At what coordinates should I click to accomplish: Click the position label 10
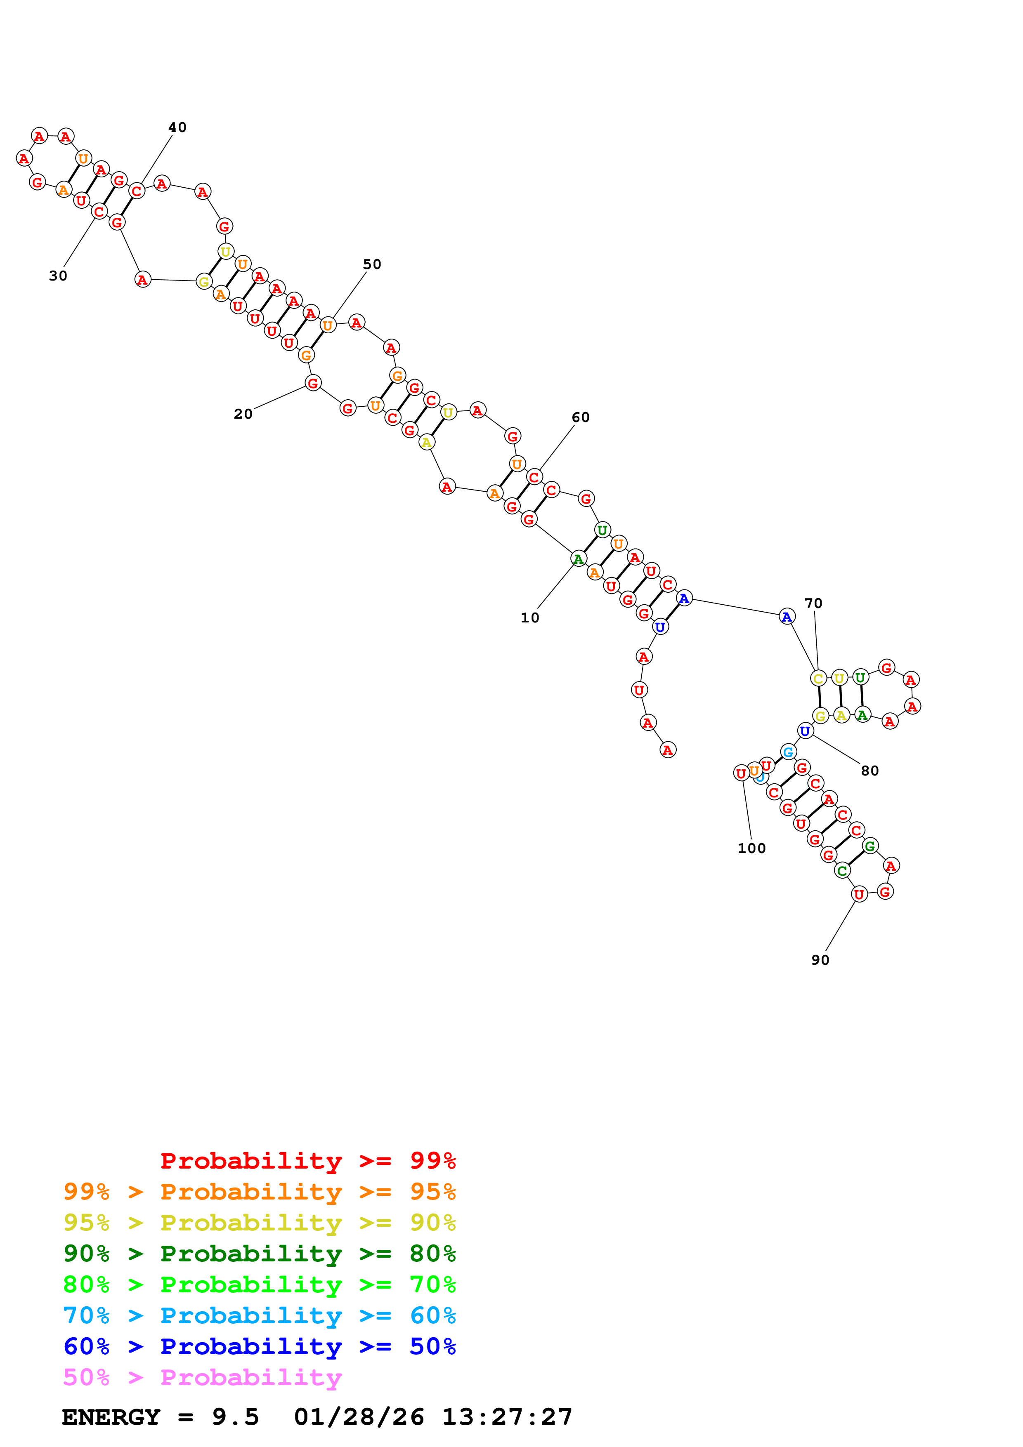(529, 617)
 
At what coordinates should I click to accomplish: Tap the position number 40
(177, 127)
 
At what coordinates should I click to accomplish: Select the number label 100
(751, 848)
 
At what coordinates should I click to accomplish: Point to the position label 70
(813, 603)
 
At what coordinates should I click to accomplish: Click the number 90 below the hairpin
(820, 960)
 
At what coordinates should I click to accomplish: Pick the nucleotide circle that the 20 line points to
(313, 382)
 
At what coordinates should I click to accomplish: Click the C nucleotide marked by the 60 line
(534, 477)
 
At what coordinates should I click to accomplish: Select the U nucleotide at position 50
(327, 325)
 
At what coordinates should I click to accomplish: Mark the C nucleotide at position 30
(99, 211)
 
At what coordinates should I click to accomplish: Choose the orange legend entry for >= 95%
(259, 1192)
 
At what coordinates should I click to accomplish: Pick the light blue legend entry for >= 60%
(259, 1315)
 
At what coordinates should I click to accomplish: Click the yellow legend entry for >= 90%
(259, 1223)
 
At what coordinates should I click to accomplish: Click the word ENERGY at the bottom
(111, 1417)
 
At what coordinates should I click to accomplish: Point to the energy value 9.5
(235, 1417)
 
